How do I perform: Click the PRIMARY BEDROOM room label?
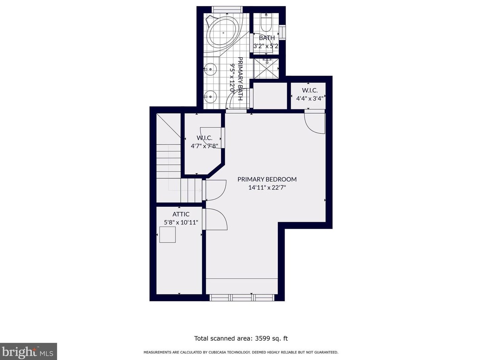(x=267, y=179)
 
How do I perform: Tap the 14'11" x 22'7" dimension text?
(x=267, y=187)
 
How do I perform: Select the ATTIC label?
(x=181, y=214)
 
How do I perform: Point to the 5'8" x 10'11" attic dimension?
(x=181, y=223)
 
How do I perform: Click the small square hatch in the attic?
(x=167, y=234)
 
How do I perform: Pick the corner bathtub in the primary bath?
(x=223, y=32)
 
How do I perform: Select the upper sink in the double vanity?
(x=210, y=69)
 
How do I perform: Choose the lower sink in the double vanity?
(x=210, y=97)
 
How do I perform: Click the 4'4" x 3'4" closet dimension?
(x=310, y=99)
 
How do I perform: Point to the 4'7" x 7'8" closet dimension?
(x=204, y=146)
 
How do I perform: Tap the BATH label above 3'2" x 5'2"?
(x=267, y=38)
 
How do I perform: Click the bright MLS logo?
(x=28, y=351)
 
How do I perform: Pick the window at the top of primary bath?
(x=227, y=9)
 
